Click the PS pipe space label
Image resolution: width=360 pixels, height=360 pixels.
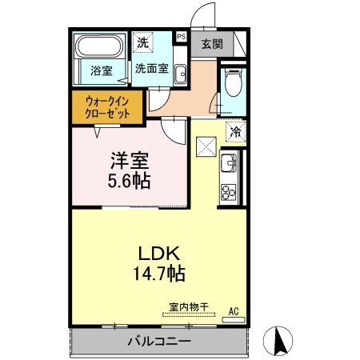coord(182,37)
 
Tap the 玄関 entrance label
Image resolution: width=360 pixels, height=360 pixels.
coord(212,44)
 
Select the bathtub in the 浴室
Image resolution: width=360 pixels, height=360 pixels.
coord(100,46)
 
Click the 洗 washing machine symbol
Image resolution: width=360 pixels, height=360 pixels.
coord(142,42)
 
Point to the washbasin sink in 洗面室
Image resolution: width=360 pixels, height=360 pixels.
coord(180,74)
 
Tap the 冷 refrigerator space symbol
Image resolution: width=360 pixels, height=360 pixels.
coord(236,131)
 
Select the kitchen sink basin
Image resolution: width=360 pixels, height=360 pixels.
coord(228,163)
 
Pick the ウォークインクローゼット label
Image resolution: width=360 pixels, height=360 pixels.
coord(107,107)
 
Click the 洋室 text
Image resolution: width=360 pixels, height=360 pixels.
coord(130,161)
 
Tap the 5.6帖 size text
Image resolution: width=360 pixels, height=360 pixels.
coord(129,181)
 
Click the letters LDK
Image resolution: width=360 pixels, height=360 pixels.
coord(159,254)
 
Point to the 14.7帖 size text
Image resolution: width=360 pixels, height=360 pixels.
coord(159,274)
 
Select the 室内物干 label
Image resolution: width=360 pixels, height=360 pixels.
coord(189,307)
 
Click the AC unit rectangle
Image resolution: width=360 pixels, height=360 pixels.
coord(234,319)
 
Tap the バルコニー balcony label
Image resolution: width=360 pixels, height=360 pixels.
coord(159,341)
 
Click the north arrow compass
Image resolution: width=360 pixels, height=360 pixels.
coord(278,341)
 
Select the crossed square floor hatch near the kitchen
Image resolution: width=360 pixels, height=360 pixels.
coord(206,146)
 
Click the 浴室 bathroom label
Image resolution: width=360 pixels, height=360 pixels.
coord(102,70)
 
